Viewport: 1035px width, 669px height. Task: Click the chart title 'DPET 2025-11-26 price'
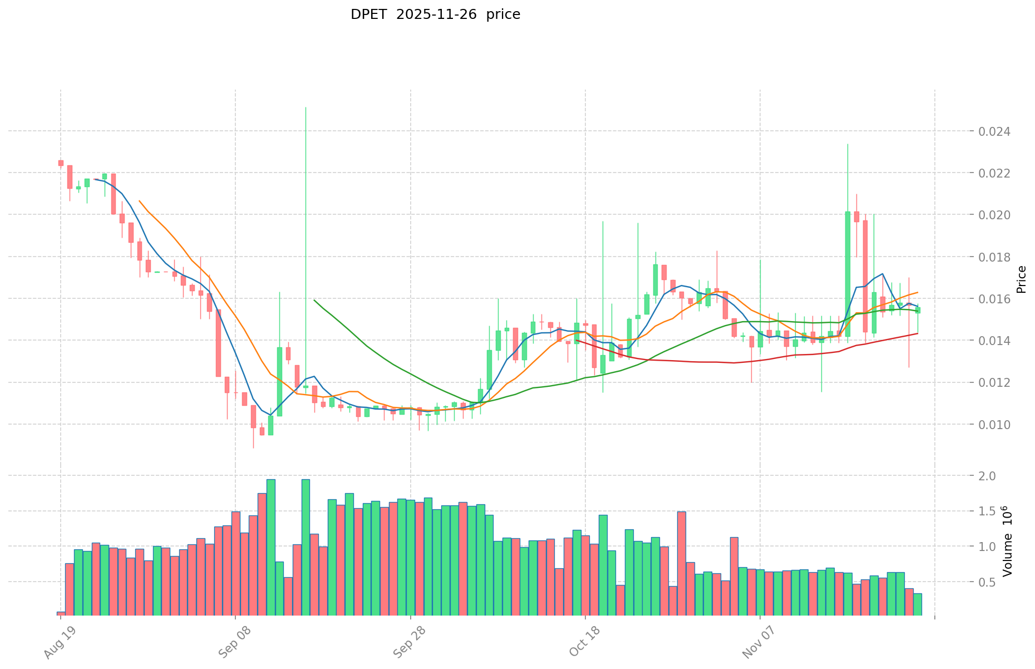[435, 14]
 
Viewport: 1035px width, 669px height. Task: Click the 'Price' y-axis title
[1021, 279]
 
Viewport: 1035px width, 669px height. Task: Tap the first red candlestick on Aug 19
[61, 163]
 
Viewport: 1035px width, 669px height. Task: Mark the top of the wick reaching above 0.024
[305, 107]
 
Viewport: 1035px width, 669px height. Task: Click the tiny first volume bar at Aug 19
[61, 613]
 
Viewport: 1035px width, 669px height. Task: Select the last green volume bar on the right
[917, 604]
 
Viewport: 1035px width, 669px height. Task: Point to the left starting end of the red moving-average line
[577, 340]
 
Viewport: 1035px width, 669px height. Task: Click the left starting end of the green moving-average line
[314, 300]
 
